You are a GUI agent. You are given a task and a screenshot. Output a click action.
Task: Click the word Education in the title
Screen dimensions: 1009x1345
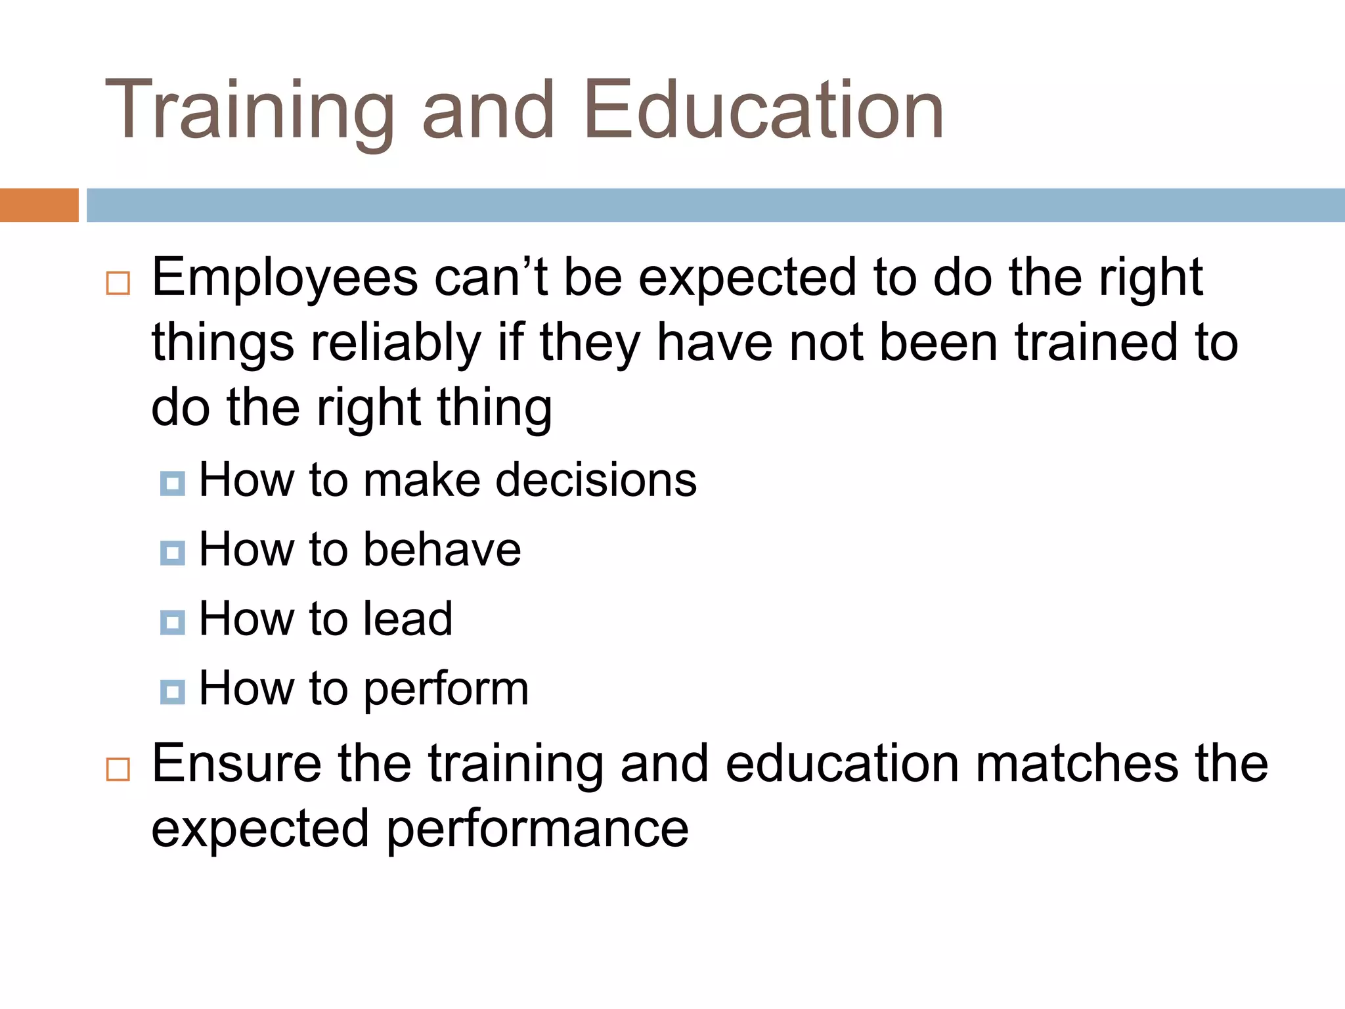(763, 110)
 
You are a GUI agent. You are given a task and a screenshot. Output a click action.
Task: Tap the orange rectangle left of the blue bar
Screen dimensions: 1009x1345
(39, 205)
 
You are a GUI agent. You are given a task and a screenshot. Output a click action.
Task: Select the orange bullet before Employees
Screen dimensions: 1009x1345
(118, 283)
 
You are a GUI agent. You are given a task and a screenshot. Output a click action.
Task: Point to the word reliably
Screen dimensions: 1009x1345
(396, 344)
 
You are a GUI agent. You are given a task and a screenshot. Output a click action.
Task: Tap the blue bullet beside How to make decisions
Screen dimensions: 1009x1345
(172, 484)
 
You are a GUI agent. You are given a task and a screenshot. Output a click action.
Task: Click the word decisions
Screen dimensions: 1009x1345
(596, 480)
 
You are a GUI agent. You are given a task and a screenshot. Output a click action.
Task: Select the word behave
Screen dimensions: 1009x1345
(442, 550)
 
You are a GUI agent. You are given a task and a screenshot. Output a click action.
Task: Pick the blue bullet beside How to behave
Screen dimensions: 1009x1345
(172, 553)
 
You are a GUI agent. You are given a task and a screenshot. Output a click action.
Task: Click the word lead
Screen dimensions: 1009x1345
(408, 619)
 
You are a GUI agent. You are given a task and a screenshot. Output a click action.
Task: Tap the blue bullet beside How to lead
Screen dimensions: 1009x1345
(172, 622)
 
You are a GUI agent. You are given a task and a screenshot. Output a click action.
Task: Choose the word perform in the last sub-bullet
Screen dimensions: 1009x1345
(446, 690)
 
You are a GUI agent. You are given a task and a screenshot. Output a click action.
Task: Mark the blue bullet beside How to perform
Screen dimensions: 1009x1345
(172, 692)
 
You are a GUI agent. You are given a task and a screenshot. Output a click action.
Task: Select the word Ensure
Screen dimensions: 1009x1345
(236, 763)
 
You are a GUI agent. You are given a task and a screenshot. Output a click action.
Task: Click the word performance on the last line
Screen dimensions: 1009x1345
(537, 830)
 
